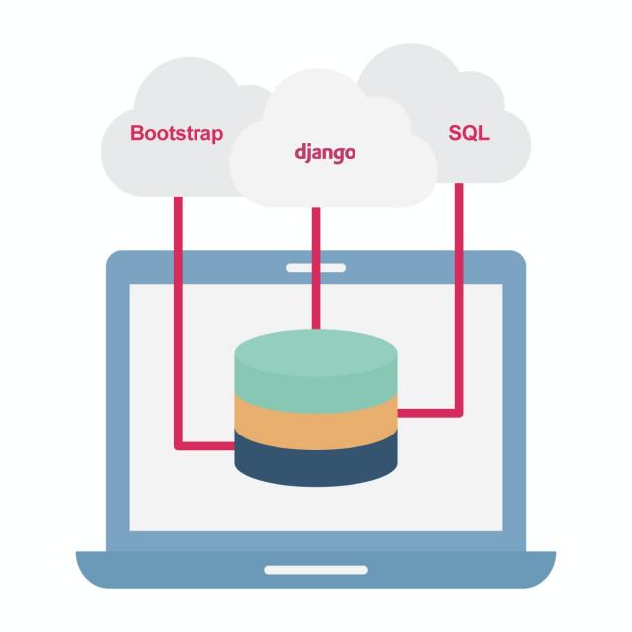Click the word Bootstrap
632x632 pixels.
click(x=177, y=133)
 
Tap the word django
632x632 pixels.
click(x=325, y=154)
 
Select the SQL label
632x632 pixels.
click(x=468, y=133)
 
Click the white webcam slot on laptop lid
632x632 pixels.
click(x=316, y=268)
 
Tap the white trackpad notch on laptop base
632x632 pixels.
click(x=316, y=569)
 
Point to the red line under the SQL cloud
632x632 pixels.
click(x=459, y=296)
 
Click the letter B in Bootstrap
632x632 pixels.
click(x=137, y=133)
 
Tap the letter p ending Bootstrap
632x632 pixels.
click(x=217, y=135)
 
